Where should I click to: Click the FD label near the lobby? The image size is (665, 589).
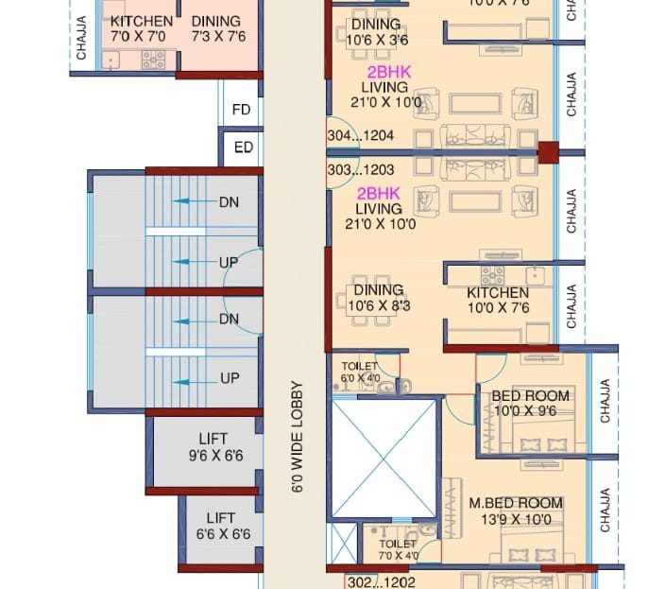click(241, 110)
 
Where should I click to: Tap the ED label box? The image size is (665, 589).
click(244, 147)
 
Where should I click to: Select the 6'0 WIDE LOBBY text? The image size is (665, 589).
click(298, 437)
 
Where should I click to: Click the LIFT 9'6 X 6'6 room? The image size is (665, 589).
click(204, 452)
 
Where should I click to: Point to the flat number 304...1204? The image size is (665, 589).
click(361, 136)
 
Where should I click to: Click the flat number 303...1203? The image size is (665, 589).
click(361, 170)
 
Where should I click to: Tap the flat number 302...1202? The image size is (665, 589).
click(382, 582)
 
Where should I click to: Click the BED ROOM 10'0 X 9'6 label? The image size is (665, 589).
click(530, 403)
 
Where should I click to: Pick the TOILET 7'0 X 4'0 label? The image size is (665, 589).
click(398, 549)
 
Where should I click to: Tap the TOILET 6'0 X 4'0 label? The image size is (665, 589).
click(360, 372)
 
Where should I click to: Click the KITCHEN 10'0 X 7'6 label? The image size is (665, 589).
click(498, 300)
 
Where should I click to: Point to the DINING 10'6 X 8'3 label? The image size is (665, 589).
click(379, 298)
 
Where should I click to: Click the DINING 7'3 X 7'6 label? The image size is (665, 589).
click(218, 29)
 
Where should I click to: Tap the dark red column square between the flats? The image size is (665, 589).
click(549, 152)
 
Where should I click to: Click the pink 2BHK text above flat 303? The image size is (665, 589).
click(378, 194)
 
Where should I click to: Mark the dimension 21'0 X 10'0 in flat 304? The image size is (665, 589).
click(386, 102)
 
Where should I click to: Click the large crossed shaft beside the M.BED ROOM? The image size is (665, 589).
click(384, 459)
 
